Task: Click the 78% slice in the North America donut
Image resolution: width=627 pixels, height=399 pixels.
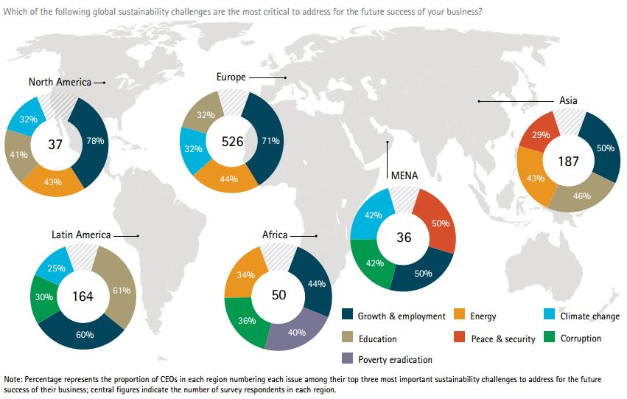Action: coord(94,140)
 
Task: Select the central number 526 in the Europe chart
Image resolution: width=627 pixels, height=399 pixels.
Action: coord(232,141)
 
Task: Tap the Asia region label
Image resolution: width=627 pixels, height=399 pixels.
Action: coord(568,100)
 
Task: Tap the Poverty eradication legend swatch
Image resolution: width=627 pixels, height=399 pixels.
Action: coord(348,360)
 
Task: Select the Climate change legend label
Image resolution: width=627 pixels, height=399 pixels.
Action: coord(589,316)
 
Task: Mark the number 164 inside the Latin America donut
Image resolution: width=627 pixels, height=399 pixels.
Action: coord(83,296)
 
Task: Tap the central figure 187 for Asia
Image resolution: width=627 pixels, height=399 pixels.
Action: coord(568,161)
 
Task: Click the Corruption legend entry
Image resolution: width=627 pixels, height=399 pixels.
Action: coord(580,339)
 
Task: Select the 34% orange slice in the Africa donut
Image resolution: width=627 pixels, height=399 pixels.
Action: coord(247,275)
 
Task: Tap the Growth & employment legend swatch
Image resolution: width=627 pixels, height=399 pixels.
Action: coord(348,316)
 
